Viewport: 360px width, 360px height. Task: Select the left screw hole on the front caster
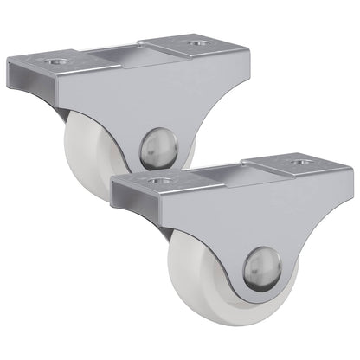pyautogui.click(x=157, y=181)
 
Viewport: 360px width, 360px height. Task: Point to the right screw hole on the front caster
pyautogui.click(x=303, y=162)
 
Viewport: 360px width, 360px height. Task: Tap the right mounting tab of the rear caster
pyautogui.click(x=199, y=43)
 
